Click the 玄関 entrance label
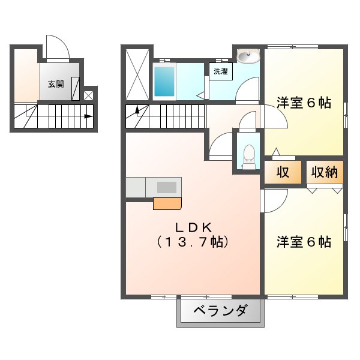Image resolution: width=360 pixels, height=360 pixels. (x=56, y=84)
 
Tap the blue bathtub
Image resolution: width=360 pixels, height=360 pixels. (x=164, y=82)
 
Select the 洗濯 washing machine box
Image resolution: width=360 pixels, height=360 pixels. (x=221, y=71)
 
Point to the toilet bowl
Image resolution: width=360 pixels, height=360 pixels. (x=249, y=157)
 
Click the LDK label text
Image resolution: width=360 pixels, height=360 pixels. (x=193, y=227)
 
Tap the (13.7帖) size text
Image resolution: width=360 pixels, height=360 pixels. (x=193, y=242)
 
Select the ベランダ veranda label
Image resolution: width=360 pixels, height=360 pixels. (x=221, y=311)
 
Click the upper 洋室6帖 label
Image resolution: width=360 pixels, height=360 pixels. (x=304, y=103)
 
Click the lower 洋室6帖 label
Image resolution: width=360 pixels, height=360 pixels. (x=304, y=242)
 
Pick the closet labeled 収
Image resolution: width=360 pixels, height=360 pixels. (x=283, y=172)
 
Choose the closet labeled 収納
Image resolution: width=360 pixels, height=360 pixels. (x=325, y=172)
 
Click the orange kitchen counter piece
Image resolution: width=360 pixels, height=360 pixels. (x=167, y=203)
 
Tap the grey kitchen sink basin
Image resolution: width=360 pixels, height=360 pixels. (x=167, y=187)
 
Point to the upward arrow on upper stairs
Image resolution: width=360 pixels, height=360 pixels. (x=137, y=110)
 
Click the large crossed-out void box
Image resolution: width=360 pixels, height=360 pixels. (x=137, y=74)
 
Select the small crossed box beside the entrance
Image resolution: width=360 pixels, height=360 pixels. (x=88, y=95)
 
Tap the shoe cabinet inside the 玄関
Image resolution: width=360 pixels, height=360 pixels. (x=76, y=89)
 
